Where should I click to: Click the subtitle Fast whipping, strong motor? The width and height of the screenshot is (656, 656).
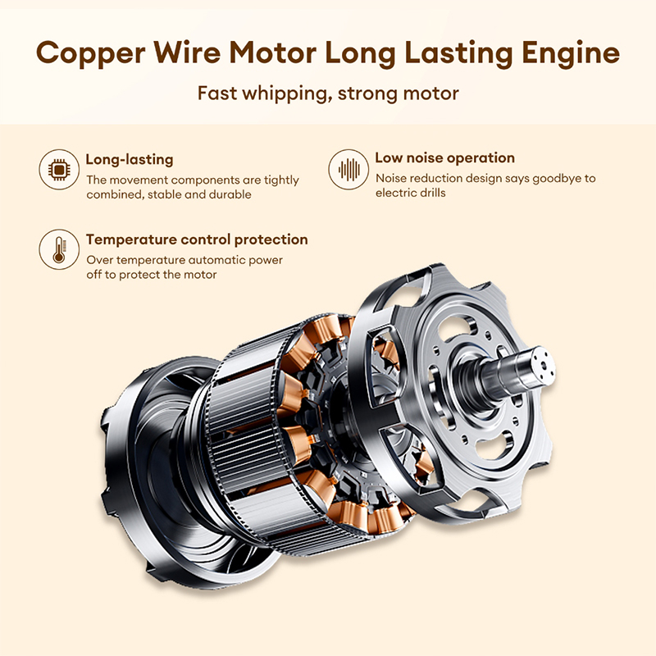328,92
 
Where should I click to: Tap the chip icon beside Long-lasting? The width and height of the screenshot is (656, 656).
59,170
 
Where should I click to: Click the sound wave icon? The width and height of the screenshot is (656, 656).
348,170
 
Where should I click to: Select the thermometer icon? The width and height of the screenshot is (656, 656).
59,248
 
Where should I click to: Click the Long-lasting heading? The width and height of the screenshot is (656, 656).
130,160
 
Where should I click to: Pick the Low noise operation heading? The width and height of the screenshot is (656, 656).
444,158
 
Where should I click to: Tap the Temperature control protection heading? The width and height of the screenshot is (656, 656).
197,240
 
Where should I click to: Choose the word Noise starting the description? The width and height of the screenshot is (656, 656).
392,178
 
